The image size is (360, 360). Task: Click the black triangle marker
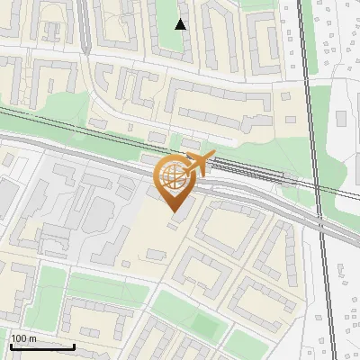pos(180,24)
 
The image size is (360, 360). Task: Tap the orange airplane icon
pos(196,164)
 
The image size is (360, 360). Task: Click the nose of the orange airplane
pos(212,156)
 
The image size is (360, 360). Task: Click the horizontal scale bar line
pos(41,346)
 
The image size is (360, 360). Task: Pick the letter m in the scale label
pos(32,338)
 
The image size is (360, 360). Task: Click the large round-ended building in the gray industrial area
pos(97,212)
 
